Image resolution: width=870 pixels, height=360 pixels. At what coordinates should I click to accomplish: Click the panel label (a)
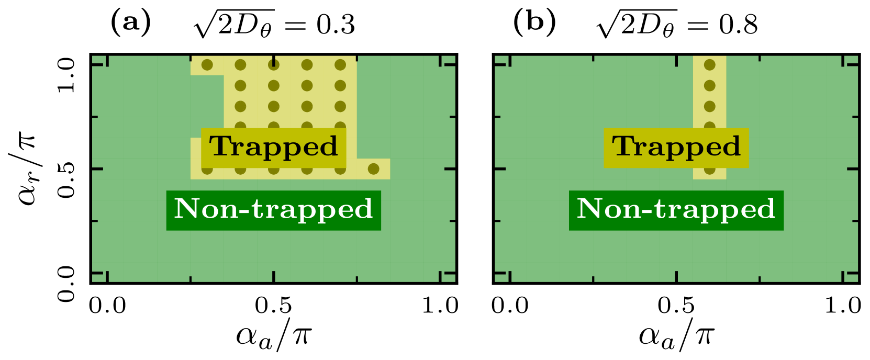[131, 24]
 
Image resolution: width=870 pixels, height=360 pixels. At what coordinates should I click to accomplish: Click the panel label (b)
[534, 24]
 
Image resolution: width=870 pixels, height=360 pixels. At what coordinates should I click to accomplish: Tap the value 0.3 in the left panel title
[336, 25]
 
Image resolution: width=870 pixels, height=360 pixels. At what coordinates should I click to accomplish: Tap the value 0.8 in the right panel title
[738, 25]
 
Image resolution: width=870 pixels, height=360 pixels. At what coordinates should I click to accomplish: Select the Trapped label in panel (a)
[273, 147]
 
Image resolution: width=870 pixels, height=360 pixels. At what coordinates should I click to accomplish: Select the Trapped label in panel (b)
[676, 147]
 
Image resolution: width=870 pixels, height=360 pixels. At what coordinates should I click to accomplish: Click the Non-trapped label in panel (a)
[273, 209]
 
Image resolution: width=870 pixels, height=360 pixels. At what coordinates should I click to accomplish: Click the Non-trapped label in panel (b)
[676, 209]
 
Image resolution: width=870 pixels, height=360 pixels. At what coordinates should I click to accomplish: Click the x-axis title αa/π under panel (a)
[274, 335]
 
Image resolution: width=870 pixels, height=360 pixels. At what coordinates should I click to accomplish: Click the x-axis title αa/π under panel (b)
[676, 335]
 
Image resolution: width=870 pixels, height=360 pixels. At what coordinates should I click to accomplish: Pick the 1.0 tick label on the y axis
[66, 74]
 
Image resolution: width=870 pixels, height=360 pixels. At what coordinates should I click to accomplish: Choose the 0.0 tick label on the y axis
[66, 284]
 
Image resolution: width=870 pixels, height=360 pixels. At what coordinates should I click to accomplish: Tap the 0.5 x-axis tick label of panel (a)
[274, 306]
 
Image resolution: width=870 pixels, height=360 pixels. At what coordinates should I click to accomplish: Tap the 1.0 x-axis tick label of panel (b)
[842, 306]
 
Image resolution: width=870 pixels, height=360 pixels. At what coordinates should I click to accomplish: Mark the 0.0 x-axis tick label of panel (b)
[510, 306]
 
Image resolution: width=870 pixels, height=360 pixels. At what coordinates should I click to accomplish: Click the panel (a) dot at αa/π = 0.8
[373, 169]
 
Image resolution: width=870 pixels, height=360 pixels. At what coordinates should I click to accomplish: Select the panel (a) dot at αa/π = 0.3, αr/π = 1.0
[207, 65]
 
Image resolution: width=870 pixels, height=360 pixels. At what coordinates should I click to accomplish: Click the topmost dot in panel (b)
[709, 65]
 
